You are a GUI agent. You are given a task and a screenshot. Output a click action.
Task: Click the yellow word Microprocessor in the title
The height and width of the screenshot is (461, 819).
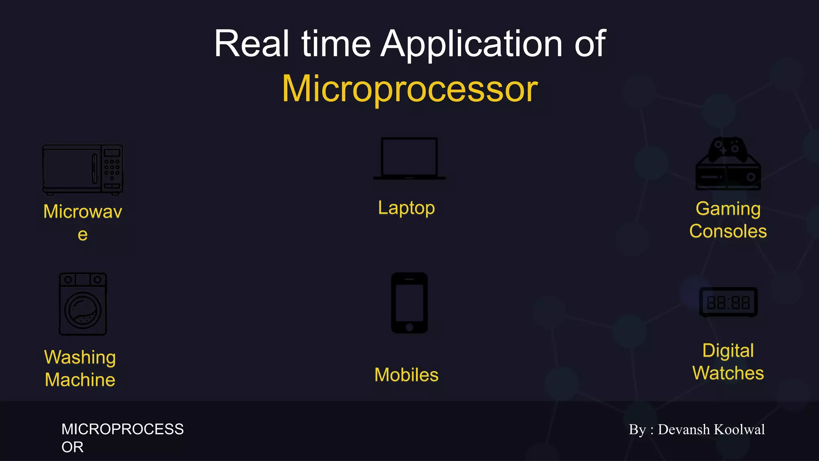(x=410, y=89)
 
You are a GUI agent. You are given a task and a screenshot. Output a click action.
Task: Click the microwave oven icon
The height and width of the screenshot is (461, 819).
(x=82, y=170)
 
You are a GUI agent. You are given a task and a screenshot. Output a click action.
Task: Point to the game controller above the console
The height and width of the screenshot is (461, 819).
(x=728, y=149)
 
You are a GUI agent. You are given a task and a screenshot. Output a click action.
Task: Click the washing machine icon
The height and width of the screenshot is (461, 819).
(x=83, y=304)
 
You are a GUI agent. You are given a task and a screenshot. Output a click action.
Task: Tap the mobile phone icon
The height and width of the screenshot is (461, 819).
(x=409, y=303)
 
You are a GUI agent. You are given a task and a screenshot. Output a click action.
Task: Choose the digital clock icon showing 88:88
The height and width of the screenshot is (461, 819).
(x=728, y=302)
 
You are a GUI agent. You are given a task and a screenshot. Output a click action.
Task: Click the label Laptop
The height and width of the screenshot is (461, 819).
(x=406, y=208)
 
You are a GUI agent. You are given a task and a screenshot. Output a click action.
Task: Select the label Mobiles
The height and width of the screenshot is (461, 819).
(x=406, y=375)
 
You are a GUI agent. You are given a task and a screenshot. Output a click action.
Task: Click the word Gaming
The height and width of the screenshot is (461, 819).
(x=728, y=208)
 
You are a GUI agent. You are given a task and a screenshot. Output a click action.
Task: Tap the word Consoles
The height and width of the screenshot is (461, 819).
(x=728, y=231)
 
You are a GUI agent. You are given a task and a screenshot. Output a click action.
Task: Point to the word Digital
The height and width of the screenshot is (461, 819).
(x=728, y=351)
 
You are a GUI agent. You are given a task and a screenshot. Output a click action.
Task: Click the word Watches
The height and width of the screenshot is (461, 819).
(x=728, y=373)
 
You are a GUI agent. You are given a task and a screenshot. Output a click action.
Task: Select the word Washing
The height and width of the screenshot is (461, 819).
(x=80, y=357)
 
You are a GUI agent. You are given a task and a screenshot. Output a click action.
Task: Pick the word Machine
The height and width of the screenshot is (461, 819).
(x=80, y=380)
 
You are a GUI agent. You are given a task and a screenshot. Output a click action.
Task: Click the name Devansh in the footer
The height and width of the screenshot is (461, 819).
(x=684, y=429)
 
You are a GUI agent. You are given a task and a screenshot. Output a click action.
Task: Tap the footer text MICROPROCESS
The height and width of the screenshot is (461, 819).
(x=122, y=429)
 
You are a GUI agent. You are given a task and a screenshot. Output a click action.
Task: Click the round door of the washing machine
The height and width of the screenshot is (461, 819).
(x=83, y=310)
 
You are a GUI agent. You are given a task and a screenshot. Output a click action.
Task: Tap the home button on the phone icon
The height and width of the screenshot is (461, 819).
(x=409, y=327)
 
